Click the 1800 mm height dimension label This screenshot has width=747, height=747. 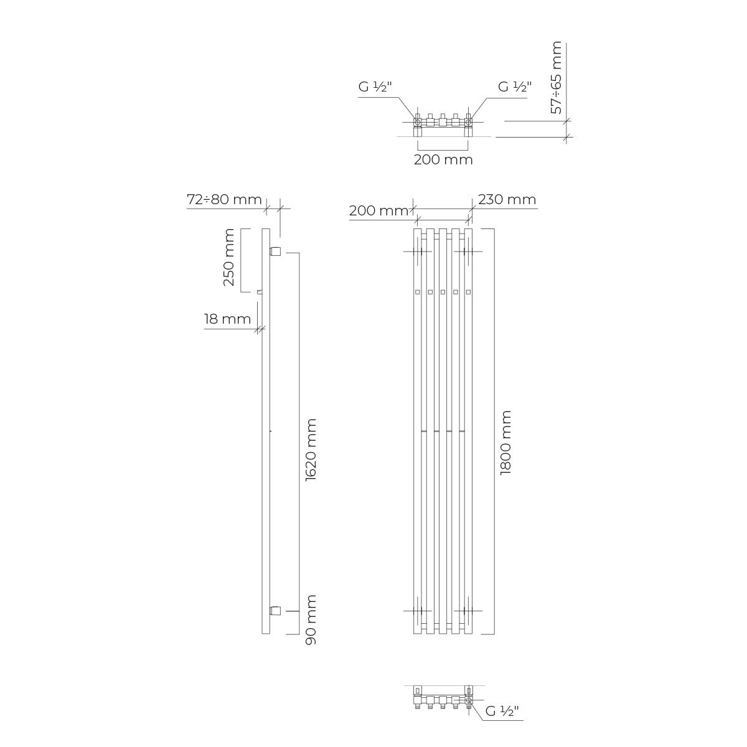[x=506, y=443]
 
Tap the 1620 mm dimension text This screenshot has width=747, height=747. [x=311, y=450]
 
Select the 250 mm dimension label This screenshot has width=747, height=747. [x=229, y=257]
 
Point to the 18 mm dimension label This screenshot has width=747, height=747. [x=228, y=319]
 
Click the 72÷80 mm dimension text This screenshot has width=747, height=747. [x=225, y=199]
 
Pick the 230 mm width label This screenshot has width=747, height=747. [x=507, y=199]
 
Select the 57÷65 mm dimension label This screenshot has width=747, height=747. [x=557, y=78]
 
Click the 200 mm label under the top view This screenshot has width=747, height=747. [x=443, y=160]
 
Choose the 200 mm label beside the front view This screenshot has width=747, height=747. [x=378, y=210]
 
